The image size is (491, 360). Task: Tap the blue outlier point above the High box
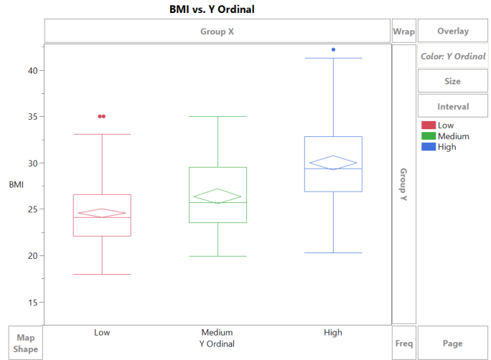[x=333, y=49]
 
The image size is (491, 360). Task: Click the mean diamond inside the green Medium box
[x=217, y=196]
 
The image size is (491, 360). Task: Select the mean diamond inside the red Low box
[x=102, y=213]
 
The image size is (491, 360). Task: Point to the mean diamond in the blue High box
[x=333, y=162]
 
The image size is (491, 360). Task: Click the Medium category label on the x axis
[x=217, y=333]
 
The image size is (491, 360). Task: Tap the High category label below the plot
[x=333, y=333]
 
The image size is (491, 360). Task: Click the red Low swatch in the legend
[x=429, y=125]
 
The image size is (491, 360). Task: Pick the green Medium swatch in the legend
[x=429, y=136]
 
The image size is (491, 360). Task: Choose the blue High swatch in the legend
[x=429, y=147]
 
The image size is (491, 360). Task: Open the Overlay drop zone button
[x=452, y=31]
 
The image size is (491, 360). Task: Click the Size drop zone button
[x=452, y=81]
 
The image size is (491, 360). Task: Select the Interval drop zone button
[x=452, y=106]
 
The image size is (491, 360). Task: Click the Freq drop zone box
[x=403, y=344]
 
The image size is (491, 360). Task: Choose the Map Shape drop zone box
[x=26, y=344]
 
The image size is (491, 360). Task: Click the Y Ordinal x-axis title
[x=217, y=344]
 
